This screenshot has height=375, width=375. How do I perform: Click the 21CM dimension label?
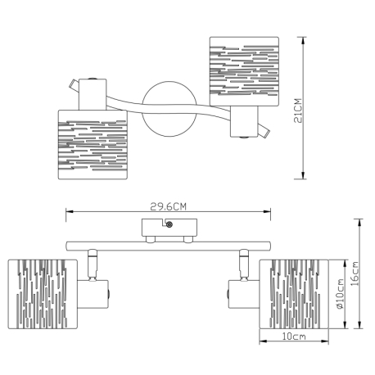click(x=298, y=111)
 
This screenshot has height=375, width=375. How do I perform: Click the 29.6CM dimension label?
click(x=169, y=206)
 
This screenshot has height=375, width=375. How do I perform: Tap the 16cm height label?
click(x=355, y=273)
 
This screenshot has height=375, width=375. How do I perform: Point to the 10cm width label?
click(x=294, y=337)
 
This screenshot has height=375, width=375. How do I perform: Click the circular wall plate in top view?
click(x=169, y=109)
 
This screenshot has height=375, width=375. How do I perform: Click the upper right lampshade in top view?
click(x=244, y=71)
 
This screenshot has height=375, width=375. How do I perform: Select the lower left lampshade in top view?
click(x=93, y=145)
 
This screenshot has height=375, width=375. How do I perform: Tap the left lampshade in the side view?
click(x=43, y=294)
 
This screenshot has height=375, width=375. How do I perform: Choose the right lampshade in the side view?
click(x=294, y=294)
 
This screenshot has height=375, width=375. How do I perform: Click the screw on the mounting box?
click(x=169, y=224)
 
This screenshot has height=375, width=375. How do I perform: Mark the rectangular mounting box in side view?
click(x=169, y=228)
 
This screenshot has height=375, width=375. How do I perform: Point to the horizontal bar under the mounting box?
click(x=168, y=246)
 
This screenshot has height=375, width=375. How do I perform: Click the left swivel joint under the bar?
click(x=92, y=264)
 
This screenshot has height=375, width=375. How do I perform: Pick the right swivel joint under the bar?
click(x=244, y=264)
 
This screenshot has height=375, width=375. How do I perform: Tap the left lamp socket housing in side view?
click(x=93, y=294)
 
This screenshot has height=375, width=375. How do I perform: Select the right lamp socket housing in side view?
click(x=244, y=294)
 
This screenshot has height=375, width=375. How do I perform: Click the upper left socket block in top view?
click(x=93, y=94)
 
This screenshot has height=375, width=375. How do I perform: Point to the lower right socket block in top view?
click(x=244, y=121)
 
